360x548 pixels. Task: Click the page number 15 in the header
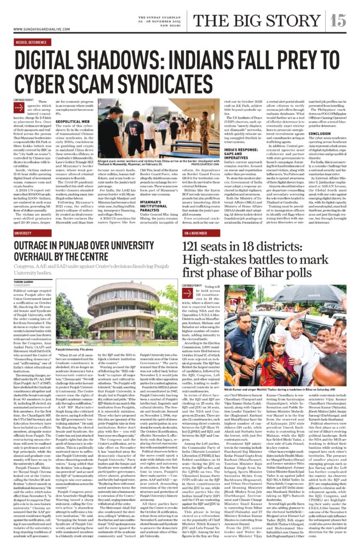click(x=338, y=21)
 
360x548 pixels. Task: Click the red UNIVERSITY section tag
click(x=23, y=233)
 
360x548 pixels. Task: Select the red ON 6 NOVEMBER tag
click(x=195, y=233)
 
